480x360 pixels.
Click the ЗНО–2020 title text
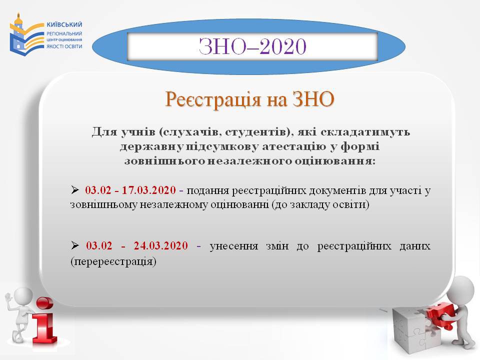pyautogui.click(x=252, y=46)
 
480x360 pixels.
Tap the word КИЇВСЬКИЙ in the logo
pyautogui.click(x=64, y=24)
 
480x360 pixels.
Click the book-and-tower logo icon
pyautogui.click(x=26, y=34)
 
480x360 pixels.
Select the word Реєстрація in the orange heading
pyautogui.click(x=213, y=99)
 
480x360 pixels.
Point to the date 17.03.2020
pyautogui.click(x=149, y=190)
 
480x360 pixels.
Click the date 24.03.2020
pyautogui.click(x=160, y=245)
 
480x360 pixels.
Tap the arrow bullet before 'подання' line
pyautogui.click(x=74, y=190)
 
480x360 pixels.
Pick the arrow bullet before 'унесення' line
pyautogui.click(x=74, y=245)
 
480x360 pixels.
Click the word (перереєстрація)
pyautogui.click(x=113, y=261)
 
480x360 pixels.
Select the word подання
pyautogui.click(x=208, y=190)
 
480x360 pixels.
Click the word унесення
pyautogui.click(x=234, y=246)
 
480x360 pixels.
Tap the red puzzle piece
pyautogui.click(x=441, y=315)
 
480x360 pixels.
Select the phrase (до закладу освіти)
pyautogui.click(x=320, y=204)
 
